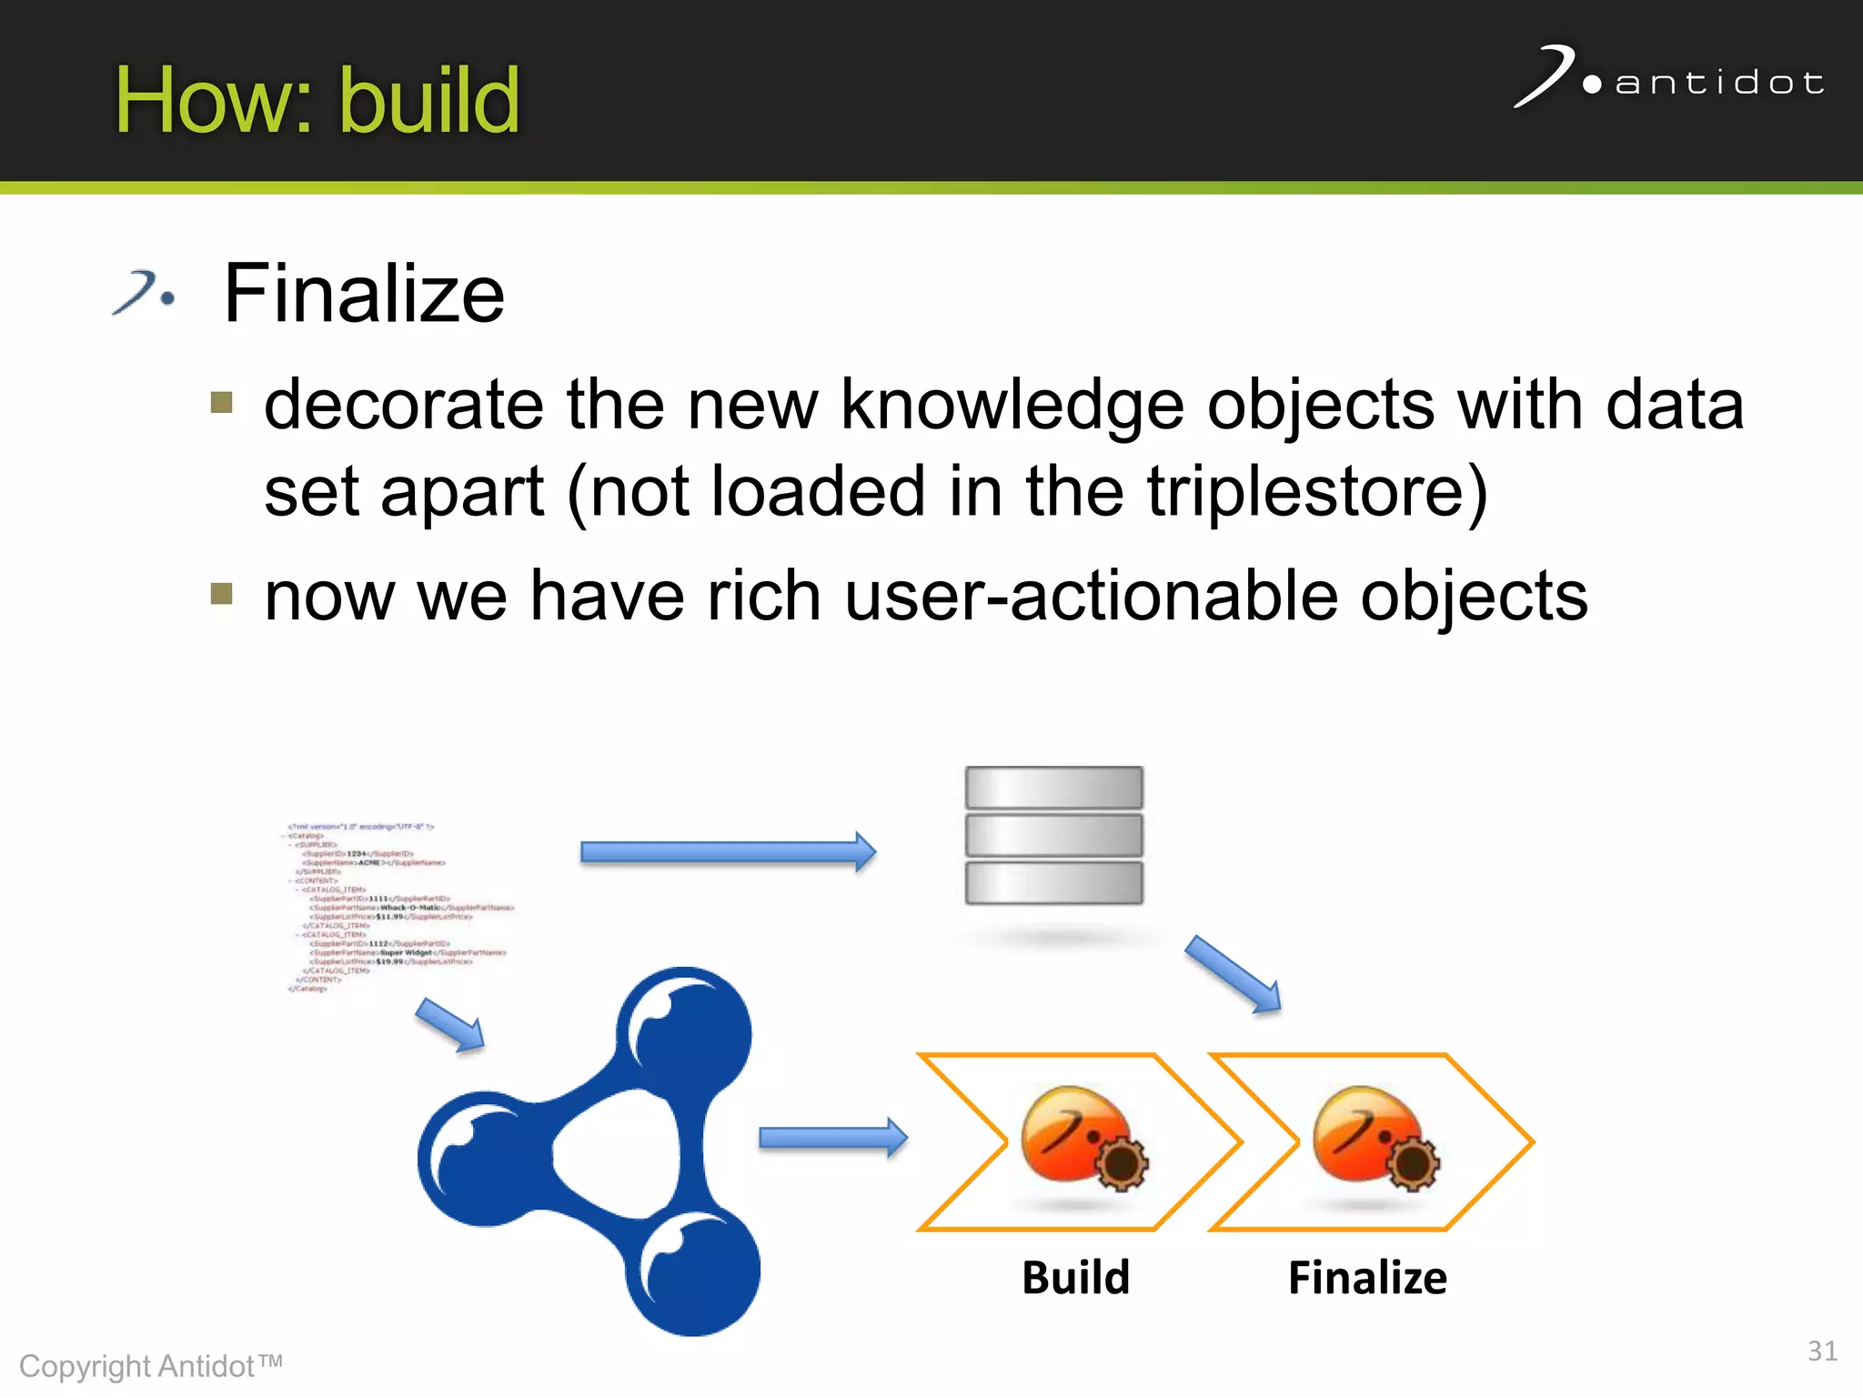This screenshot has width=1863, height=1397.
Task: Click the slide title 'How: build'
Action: point(317,100)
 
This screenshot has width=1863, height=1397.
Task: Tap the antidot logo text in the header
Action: point(1718,84)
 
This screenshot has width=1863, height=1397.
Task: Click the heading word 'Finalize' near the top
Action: point(364,294)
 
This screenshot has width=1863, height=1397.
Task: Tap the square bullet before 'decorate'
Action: point(221,402)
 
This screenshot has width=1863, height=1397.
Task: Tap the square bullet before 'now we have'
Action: point(221,594)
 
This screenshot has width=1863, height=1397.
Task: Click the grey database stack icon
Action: point(1053,835)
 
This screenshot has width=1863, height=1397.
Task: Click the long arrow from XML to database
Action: point(728,851)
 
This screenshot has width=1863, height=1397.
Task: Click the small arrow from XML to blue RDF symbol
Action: point(450,1025)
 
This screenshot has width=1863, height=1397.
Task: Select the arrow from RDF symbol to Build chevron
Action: point(832,1138)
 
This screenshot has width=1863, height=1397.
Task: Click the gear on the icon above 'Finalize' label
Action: point(1412,1164)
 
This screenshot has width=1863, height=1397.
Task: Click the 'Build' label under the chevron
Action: point(1075,1278)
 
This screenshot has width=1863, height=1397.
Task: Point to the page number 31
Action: point(1821,1351)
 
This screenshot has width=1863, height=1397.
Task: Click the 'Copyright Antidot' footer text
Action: point(151,1366)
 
